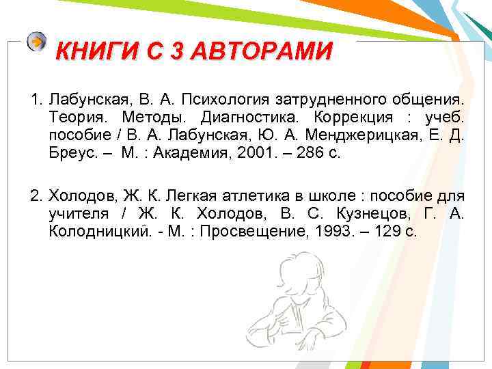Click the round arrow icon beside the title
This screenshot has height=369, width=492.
click(37, 42)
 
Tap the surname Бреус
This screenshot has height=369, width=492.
click(71, 153)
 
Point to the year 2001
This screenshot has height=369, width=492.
click(251, 153)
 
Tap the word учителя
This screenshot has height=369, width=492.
click(77, 215)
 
